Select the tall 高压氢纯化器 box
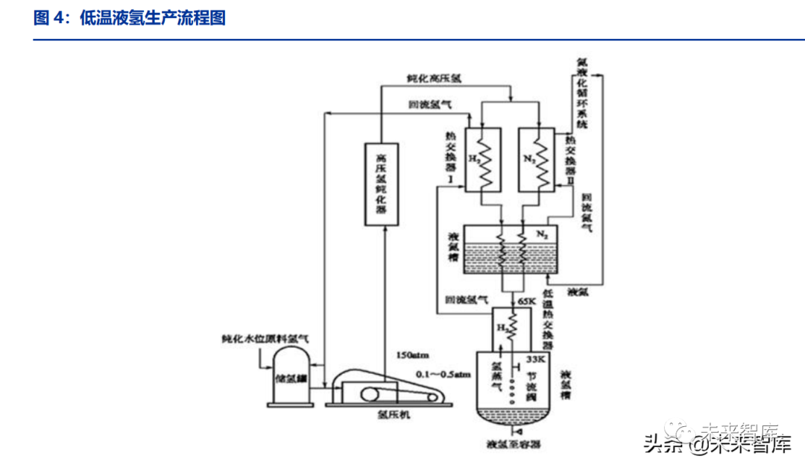click(x=382, y=184)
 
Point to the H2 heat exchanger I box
click(x=482, y=158)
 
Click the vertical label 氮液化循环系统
click(x=583, y=93)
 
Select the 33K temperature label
click(x=537, y=359)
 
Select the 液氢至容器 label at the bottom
click(x=513, y=445)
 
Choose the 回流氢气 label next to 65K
click(x=467, y=301)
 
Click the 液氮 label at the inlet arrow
click(x=578, y=292)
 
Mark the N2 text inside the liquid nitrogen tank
click(x=542, y=234)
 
